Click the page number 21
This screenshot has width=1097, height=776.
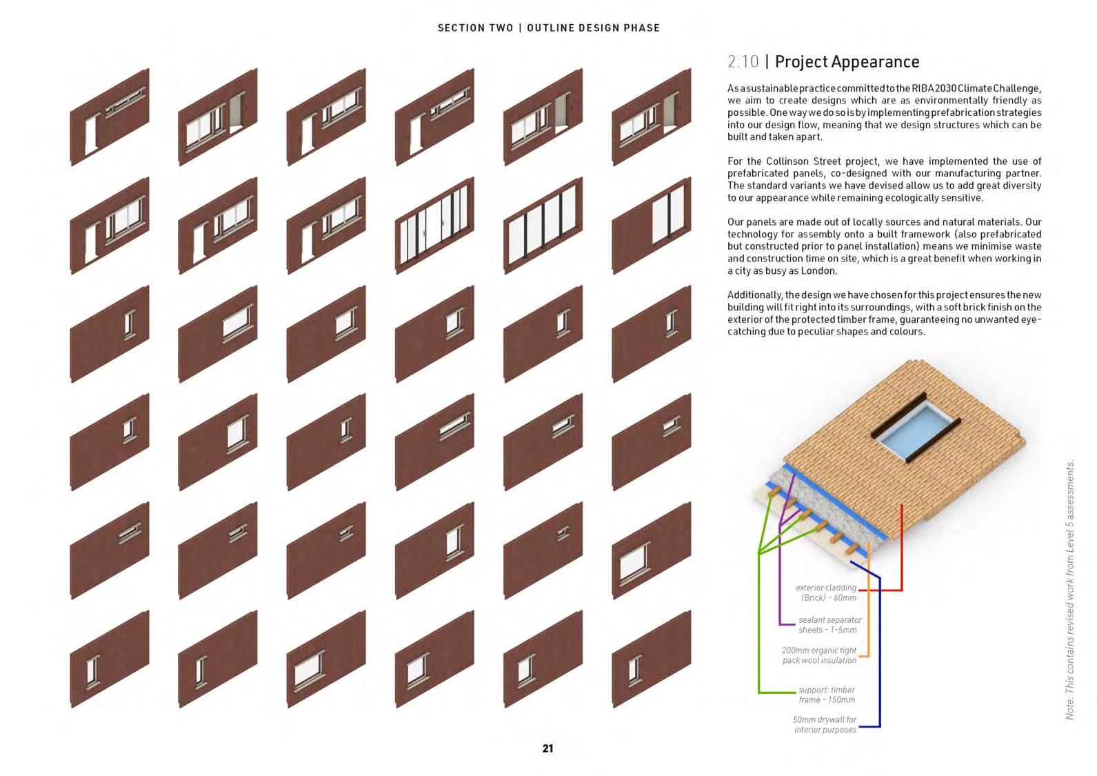click(x=547, y=748)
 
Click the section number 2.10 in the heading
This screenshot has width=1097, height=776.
click(x=743, y=62)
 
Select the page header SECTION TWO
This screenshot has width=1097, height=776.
click(x=475, y=28)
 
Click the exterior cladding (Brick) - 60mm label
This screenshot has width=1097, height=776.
click(x=826, y=593)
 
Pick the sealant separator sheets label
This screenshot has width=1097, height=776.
click(x=828, y=625)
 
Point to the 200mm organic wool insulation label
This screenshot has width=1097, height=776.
click(x=819, y=655)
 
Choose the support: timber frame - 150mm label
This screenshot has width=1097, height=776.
click(x=826, y=695)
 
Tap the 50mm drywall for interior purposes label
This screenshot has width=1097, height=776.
click(x=825, y=724)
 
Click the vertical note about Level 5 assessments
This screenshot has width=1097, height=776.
click(x=1070, y=590)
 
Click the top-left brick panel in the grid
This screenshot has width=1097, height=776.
click(x=110, y=117)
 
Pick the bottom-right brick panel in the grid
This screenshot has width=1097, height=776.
click(x=651, y=659)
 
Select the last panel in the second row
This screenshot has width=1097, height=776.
click(x=651, y=225)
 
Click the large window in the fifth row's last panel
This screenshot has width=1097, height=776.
click(x=634, y=561)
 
